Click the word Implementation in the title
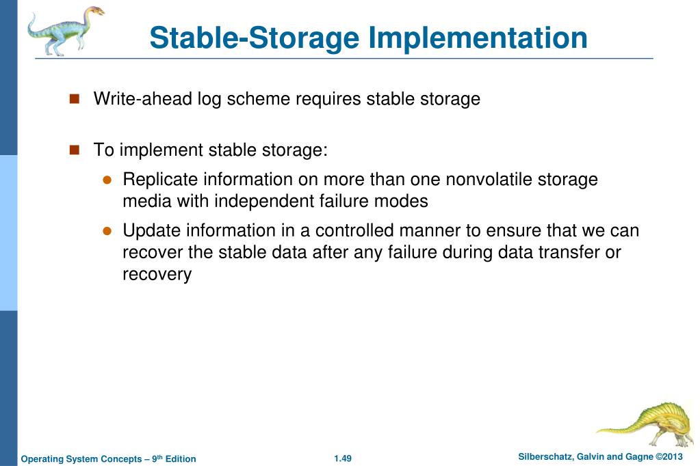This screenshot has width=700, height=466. point(478,38)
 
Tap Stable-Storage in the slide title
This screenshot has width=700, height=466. point(254,38)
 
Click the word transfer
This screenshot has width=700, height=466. point(558,252)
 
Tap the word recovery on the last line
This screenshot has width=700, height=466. point(157,275)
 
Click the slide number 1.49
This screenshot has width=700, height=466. point(343,458)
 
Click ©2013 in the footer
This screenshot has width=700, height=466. point(669,456)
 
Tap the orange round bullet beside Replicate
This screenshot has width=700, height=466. point(107,180)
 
